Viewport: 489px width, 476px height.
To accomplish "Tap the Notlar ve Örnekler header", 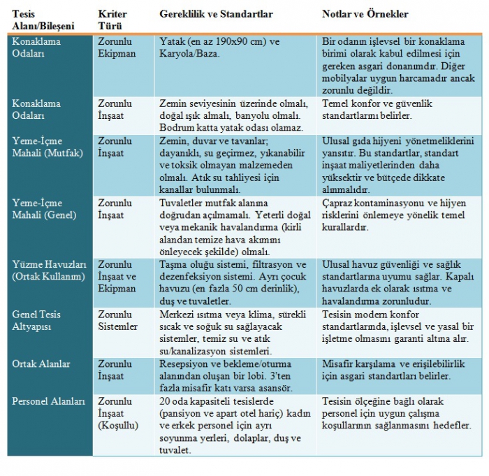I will pos(365,13).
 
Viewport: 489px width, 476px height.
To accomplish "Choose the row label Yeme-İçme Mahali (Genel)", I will pos(44,209).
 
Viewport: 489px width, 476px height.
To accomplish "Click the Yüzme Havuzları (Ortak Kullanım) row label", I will pos(47,271).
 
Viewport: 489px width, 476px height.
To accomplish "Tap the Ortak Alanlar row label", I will pos(41,363).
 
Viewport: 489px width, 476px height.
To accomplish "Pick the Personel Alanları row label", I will pos(48,401).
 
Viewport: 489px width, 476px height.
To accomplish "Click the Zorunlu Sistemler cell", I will pos(117,320).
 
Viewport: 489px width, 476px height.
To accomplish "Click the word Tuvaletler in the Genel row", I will pos(182,202).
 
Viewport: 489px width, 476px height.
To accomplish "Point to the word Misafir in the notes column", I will pos(340,363).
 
